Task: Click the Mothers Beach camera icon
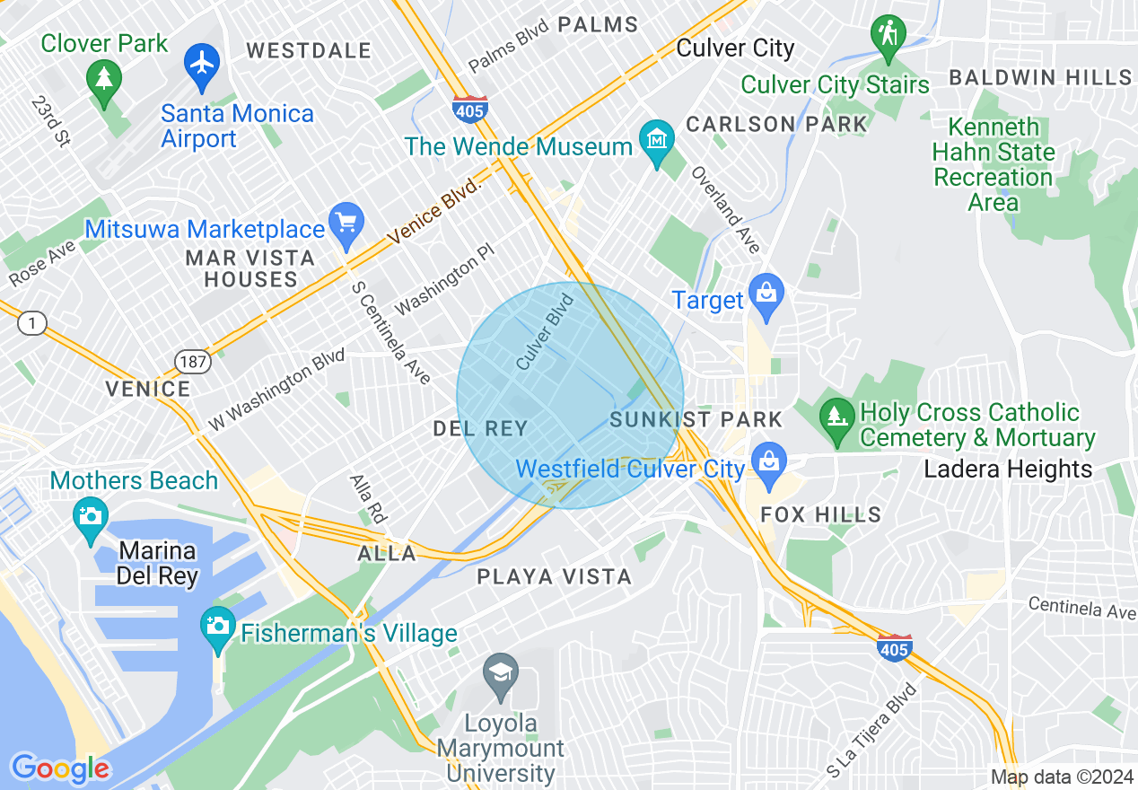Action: tap(90, 517)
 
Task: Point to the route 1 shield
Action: tap(32, 323)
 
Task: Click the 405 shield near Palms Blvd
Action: tap(469, 109)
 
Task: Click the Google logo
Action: tap(60, 768)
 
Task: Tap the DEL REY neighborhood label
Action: tap(480, 429)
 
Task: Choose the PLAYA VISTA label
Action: tap(554, 576)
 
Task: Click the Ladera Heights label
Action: tap(1008, 469)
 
